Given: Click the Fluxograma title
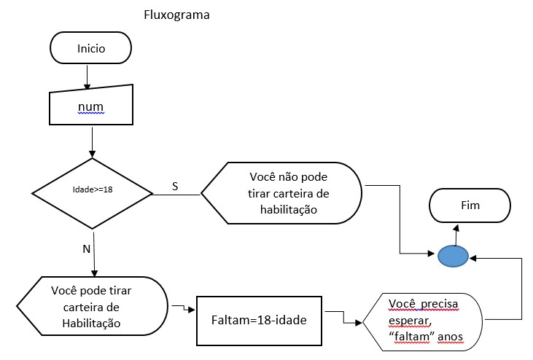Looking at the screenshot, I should [x=178, y=15].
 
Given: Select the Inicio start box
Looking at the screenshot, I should [x=91, y=50].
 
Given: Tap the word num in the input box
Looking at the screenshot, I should [x=91, y=109].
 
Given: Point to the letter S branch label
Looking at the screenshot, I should [x=175, y=187].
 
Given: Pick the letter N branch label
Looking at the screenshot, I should [x=86, y=249].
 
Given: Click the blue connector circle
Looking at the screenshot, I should [x=452, y=255].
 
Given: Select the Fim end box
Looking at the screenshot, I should [x=471, y=206].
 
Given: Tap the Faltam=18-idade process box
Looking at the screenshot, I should [x=260, y=321].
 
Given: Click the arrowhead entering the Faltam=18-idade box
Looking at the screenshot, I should [x=192, y=309].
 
